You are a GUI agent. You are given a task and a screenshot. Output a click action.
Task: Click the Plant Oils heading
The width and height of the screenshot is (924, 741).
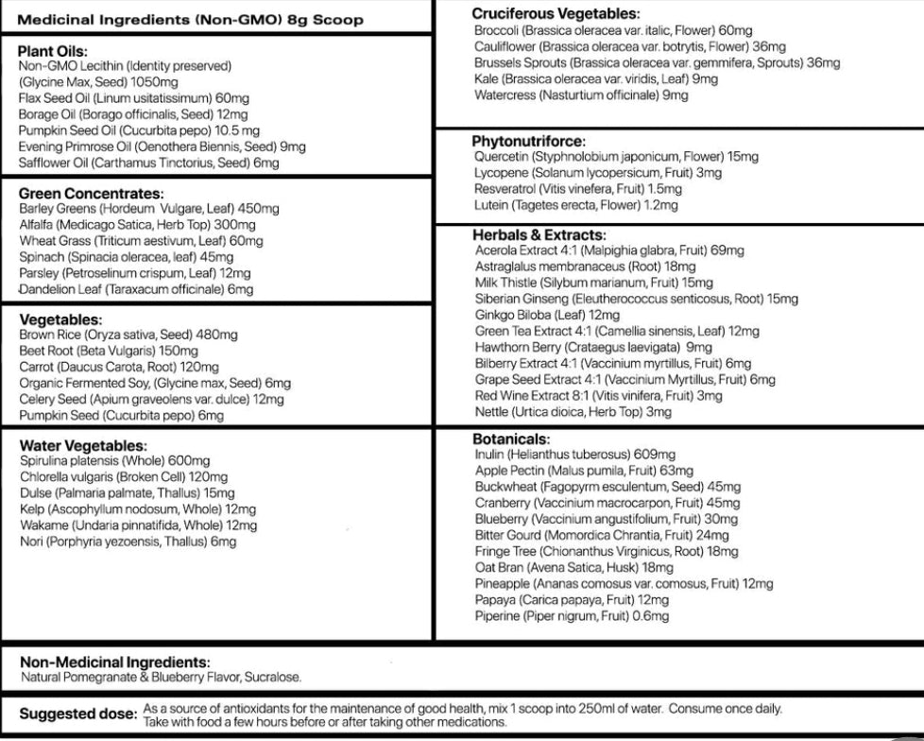[x=53, y=51]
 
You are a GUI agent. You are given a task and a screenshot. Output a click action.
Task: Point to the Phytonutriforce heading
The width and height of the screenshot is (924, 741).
[x=528, y=141]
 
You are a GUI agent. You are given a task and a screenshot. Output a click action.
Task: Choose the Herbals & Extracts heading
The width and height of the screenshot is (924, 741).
[x=539, y=235]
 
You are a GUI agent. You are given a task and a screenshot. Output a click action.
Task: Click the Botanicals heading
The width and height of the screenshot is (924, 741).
[x=509, y=439]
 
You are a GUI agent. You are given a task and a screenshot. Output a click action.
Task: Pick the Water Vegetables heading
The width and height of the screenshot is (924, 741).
[x=82, y=445]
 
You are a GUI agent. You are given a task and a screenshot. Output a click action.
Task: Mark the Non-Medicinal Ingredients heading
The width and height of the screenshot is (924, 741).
[x=114, y=663]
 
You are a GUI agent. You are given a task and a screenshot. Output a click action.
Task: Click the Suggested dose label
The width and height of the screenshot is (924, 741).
[x=78, y=714]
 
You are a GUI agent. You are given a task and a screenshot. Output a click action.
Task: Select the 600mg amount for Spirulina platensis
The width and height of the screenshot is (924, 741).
[x=189, y=460]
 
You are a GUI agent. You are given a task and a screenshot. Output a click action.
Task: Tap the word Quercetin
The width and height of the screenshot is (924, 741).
[x=501, y=157]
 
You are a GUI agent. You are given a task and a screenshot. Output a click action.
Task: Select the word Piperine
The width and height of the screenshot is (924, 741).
[x=497, y=616]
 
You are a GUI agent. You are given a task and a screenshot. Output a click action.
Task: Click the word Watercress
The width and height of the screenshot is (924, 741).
[x=505, y=95]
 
